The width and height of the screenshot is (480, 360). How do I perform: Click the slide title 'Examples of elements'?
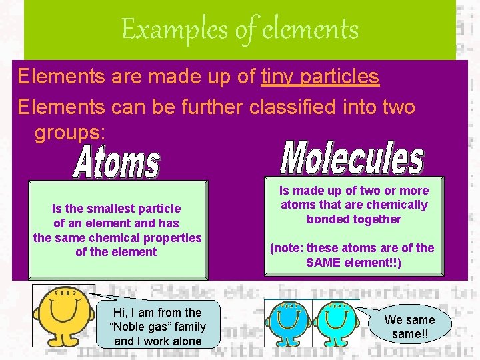240,29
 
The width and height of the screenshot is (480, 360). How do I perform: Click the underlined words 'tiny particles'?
320,77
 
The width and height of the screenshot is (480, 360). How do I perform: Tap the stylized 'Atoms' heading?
117,163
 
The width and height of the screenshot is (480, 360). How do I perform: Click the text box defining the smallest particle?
117,230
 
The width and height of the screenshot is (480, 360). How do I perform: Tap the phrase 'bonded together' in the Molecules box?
354,219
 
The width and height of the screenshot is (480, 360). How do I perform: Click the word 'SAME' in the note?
323,263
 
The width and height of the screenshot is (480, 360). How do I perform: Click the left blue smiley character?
289,321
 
